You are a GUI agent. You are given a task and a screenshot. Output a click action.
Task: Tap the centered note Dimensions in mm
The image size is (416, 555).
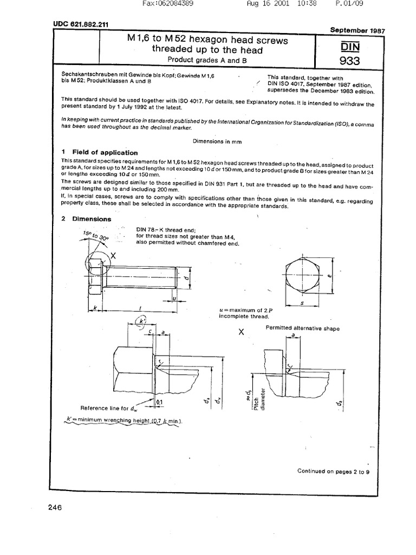coord(217,141)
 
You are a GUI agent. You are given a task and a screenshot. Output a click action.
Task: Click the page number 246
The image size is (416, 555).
coord(55,508)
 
